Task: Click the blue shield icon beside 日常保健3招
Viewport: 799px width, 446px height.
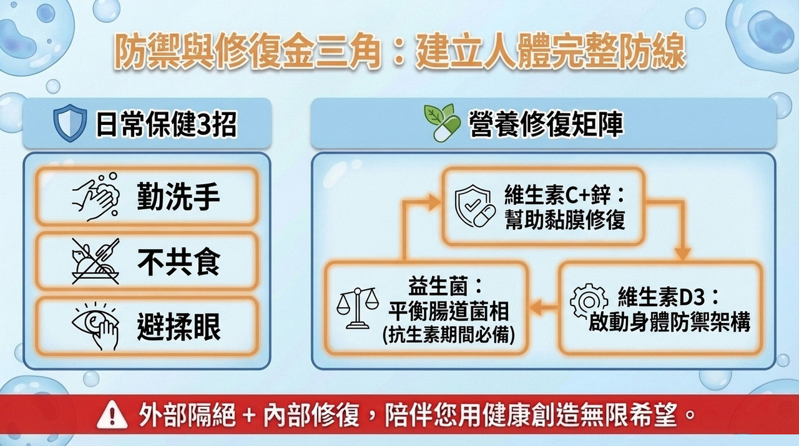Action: coord(70,123)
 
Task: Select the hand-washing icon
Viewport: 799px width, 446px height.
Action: coord(96,197)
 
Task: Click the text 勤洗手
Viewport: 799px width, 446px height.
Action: coord(178,197)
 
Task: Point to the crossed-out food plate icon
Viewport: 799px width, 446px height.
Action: coord(96,262)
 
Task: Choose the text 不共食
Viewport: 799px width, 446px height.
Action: coord(179,262)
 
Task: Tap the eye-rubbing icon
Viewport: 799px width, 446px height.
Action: coord(96,326)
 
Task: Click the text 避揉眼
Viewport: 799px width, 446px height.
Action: coord(179,326)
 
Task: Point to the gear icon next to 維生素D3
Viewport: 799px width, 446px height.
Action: coord(589,302)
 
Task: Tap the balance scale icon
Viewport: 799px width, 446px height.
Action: coord(356,308)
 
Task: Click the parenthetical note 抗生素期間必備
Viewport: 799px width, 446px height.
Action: coord(449,335)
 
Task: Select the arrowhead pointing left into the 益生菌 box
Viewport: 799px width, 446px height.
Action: coord(536,307)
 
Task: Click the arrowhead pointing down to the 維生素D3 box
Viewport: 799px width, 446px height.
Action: coord(682,254)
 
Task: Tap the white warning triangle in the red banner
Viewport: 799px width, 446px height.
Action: coord(112,415)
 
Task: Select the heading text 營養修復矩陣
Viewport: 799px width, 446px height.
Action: coord(546,124)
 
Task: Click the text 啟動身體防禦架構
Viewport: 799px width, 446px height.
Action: coord(670,322)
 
